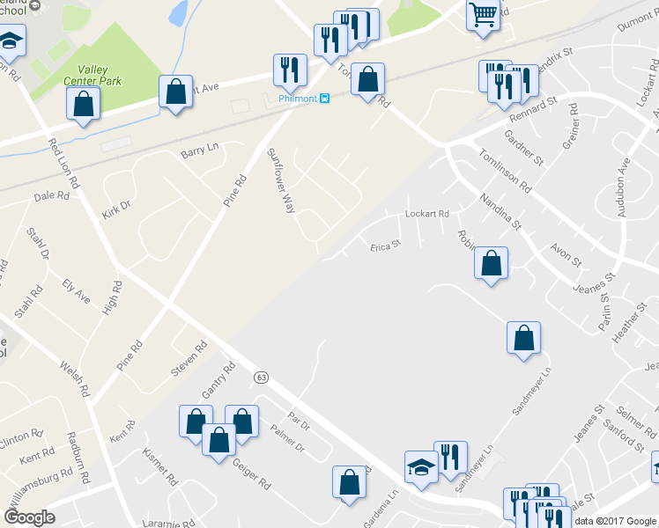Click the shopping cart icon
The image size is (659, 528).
click(x=483, y=15)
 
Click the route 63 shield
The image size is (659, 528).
click(x=261, y=377)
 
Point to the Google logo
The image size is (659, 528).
click(x=29, y=517)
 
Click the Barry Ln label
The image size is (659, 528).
click(x=198, y=151)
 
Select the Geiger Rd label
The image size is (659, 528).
click(x=251, y=474)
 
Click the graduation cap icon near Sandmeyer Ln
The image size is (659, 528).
click(x=421, y=466)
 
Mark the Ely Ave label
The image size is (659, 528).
click(x=76, y=290)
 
